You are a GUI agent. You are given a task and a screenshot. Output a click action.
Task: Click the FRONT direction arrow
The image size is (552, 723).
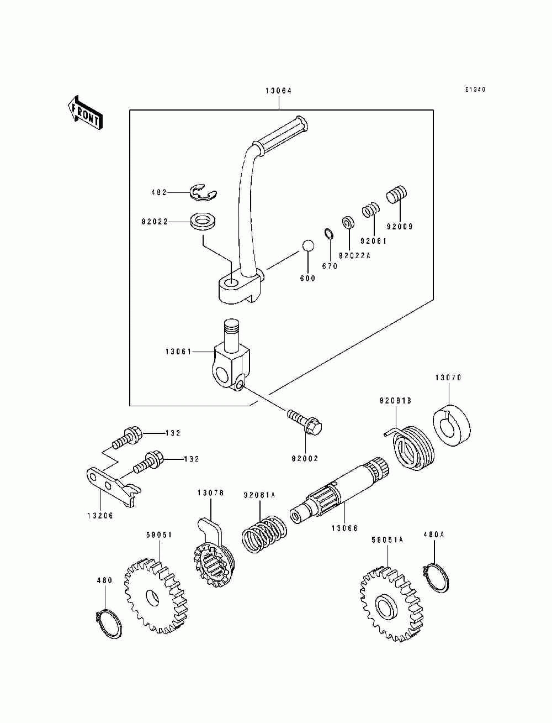pyautogui.click(x=85, y=112)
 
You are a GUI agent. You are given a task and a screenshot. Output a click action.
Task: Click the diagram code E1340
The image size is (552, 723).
pyautogui.click(x=475, y=89)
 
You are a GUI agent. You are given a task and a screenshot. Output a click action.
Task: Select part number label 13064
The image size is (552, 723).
pyautogui.click(x=279, y=91)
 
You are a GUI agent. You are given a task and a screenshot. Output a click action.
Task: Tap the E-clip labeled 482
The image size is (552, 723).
pyautogui.click(x=204, y=193)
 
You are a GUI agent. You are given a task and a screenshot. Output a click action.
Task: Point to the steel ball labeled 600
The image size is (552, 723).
pyautogui.click(x=307, y=246)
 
